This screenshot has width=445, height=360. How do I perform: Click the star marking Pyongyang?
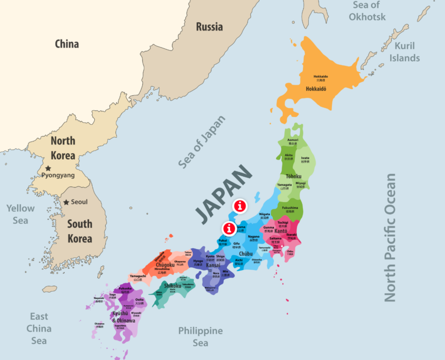[48, 168]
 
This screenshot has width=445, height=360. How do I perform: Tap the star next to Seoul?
[66, 202]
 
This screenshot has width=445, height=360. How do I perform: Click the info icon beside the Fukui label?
[229, 229]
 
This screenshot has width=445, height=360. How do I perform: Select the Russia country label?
[209, 27]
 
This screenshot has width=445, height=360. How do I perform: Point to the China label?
[67, 44]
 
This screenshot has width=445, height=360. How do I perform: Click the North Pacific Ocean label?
[390, 237]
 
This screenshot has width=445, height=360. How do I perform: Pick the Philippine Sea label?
[200, 337]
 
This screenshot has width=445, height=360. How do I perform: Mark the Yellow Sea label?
[21, 214]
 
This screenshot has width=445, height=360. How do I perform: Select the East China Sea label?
[39, 328]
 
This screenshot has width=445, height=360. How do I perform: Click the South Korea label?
[80, 231]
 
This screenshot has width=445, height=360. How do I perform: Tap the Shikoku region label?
[173, 286]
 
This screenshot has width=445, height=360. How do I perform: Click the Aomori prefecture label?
[293, 140]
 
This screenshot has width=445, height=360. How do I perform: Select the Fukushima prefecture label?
[290, 208]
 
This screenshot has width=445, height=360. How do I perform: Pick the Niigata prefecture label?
[264, 214]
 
